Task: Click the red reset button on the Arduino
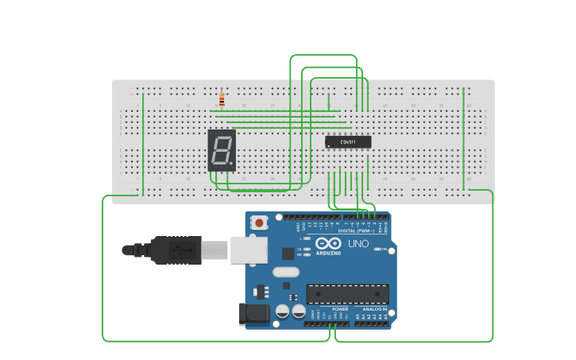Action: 259,223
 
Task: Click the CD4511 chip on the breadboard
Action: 348,142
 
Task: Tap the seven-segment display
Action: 222,150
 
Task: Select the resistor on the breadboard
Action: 222,100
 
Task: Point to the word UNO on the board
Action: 358,243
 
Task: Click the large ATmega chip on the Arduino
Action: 347,293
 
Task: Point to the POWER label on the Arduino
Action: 329,309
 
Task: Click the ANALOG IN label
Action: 374,309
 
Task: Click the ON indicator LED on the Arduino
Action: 377,249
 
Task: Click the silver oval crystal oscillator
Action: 286,272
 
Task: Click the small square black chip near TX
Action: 288,254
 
